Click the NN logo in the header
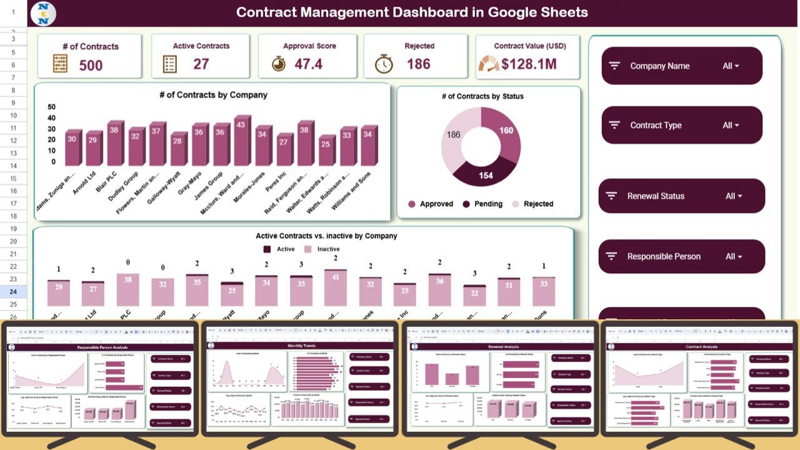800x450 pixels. [43, 13]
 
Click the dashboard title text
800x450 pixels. [412, 12]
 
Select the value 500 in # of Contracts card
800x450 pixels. [91, 64]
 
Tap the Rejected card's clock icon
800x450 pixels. [384, 64]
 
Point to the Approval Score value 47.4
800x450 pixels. [308, 64]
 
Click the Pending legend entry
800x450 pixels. [482, 204]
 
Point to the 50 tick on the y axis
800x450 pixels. [51, 107]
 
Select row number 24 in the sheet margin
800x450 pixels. [13, 291]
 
